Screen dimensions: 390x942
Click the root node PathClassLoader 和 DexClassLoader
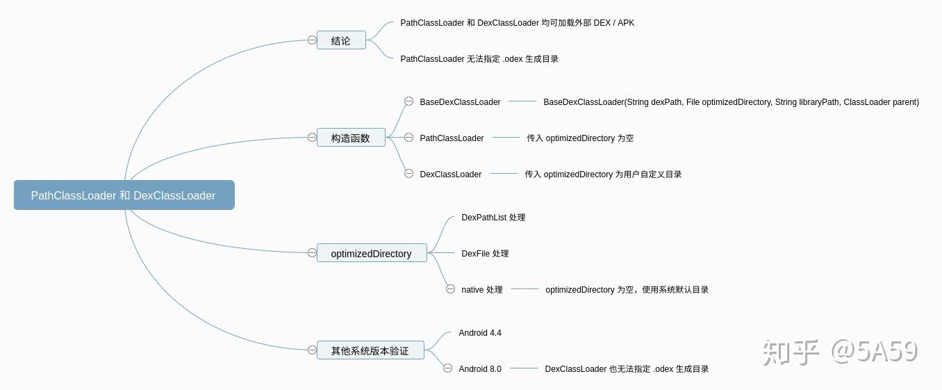[124, 195]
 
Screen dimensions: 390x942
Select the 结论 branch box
[341, 40]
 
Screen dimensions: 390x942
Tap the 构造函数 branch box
[351, 138]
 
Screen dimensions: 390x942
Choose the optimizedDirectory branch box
[372, 253]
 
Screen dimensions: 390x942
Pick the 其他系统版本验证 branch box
[370, 350]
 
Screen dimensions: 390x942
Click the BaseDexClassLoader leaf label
[460, 102]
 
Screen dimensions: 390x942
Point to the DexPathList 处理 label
[493, 218]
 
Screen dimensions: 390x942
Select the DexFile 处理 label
[485, 254]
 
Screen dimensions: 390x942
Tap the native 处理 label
[482, 290]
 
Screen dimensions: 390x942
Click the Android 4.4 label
[480, 333]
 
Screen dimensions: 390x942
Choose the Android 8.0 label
[480, 369]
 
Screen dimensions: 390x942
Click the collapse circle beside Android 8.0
[447, 368]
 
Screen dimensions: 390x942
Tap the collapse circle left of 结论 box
[312, 40]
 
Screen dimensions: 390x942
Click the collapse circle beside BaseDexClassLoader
[408, 101]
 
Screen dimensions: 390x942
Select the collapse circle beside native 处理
[450, 289]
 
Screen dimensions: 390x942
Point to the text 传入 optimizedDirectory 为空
[580, 138]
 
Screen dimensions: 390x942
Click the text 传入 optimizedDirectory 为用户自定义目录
[603, 174]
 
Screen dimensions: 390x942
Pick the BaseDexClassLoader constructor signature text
[731, 102]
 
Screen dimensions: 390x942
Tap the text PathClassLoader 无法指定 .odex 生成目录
[479, 59]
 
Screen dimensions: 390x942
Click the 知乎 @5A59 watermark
[840, 352]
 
